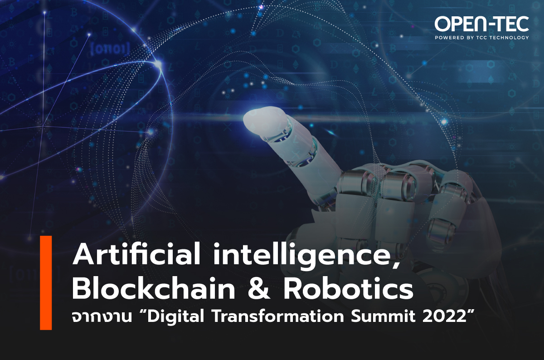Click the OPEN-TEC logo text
point(481,24)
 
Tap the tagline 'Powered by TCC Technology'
point(481,38)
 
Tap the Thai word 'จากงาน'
point(102,318)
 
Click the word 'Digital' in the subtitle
point(175,318)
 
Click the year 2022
point(441,317)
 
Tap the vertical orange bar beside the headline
point(46,283)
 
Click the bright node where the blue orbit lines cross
point(158,64)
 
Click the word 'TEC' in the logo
point(509,24)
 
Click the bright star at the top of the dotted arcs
point(261,8)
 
